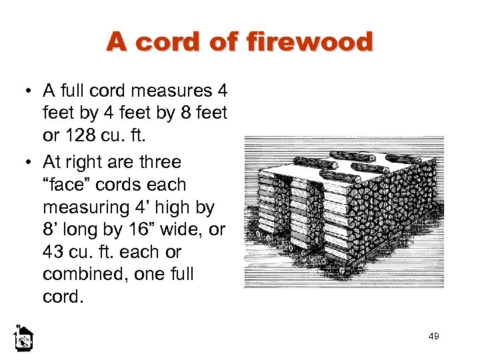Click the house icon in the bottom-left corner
(23, 339)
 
